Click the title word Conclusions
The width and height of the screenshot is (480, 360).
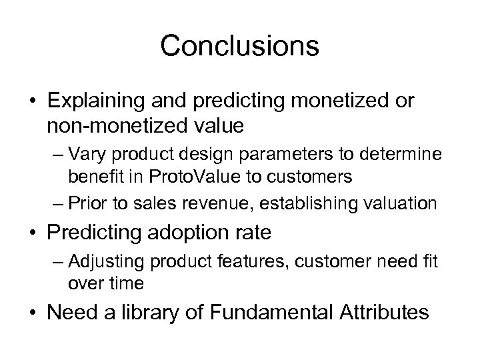240,46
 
